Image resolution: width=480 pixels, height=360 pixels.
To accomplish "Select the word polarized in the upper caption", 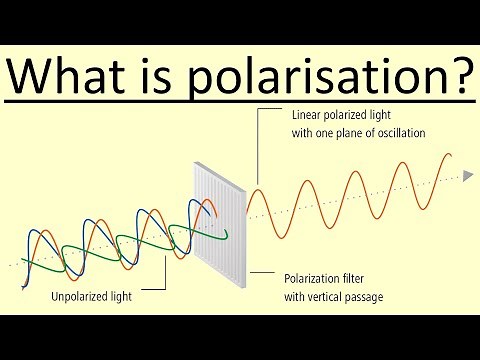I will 350,114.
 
